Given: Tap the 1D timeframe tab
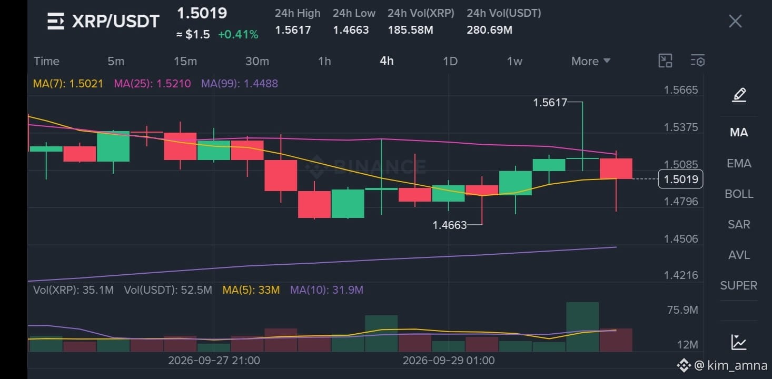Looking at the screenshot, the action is (x=450, y=62).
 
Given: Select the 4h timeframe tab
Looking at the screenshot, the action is (x=387, y=61).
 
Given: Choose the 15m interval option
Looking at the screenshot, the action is (x=185, y=62).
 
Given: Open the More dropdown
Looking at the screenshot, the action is (x=591, y=62).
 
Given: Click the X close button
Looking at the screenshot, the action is (x=735, y=22).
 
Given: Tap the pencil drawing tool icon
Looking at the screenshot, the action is (x=739, y=95).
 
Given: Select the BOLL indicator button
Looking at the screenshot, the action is (x=739, y=194).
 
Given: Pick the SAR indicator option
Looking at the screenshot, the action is (x=739, y=225).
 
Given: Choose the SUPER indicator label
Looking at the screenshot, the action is (x=739, y=286).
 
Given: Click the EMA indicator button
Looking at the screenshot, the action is (x=739, y=163).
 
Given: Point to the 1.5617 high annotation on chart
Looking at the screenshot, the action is (x=550, y=102).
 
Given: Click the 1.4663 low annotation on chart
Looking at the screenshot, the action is (x=449, y=225).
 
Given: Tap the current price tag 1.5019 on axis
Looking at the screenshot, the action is (x=681, y=179).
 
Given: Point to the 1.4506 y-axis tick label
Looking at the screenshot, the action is (x=681, y=239).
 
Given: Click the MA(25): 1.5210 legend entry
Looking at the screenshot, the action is (x=152, y=84).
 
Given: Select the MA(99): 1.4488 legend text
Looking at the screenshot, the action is (x=240, y=84).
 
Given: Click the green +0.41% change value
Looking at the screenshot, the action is (x=238, y=34).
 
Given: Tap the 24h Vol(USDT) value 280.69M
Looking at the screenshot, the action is (x=489, y=30).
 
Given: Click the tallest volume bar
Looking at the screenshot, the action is (x=582, y=327).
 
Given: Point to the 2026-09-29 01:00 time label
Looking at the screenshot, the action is (x=449, y=361).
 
